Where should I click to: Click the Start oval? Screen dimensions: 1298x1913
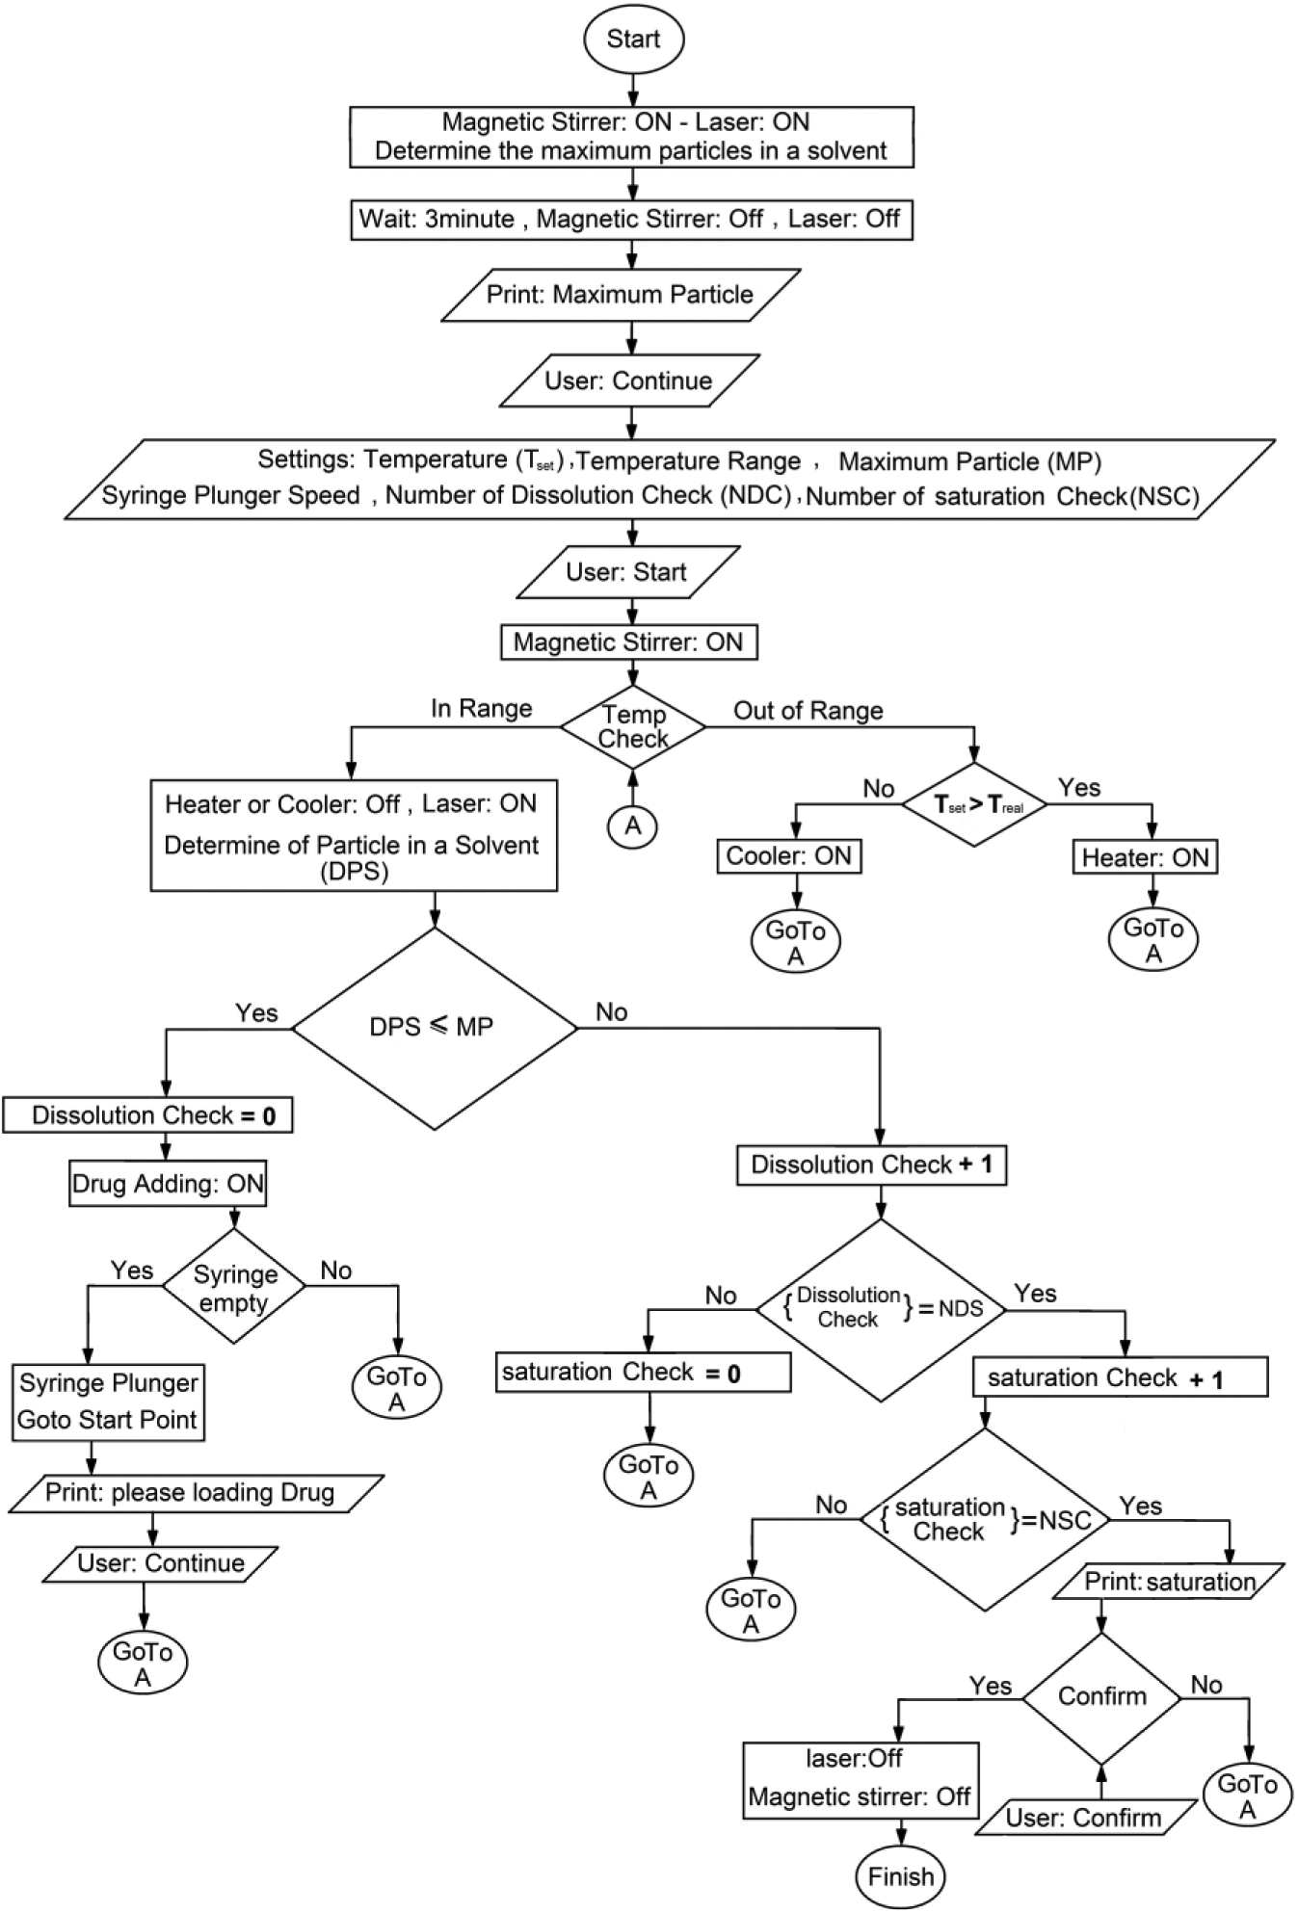(633, 39)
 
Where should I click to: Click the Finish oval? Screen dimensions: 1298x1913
(901, 1875)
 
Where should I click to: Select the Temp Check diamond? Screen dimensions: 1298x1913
(633, 727)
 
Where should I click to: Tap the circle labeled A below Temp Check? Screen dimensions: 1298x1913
(633, 825)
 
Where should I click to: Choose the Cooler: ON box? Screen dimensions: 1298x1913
(789, 856)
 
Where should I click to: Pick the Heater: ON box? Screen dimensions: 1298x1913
(1145, 857)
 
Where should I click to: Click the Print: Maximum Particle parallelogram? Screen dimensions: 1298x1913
(621, 295)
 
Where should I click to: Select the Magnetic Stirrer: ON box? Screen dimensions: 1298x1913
(628, 642)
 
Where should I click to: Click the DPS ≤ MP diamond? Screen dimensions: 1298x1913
(434, 1028)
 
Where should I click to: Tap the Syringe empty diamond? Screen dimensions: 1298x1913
(234, 1286)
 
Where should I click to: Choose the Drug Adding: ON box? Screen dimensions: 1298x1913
(168, 1184)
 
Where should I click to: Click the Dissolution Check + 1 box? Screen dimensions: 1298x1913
(872, 1165)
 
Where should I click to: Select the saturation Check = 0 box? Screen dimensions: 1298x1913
(643, 1373)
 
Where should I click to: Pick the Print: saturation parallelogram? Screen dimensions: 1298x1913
(1169, 1582)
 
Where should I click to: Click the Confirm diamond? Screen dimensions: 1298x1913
(1101, 1698)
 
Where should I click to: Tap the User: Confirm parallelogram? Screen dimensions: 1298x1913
(1083, 1818)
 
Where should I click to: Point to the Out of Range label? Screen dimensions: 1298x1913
(808, 711)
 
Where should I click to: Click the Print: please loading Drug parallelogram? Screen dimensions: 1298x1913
(196, 1493)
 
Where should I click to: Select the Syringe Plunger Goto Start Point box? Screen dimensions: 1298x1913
(108, 1402)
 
